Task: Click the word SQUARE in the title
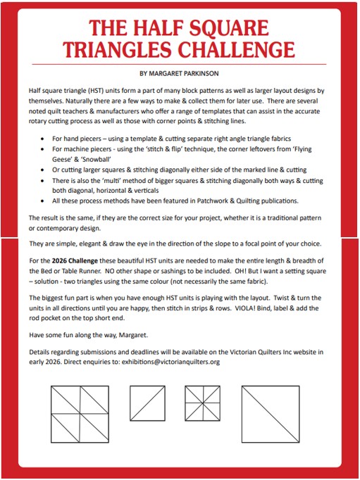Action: coord(229,28)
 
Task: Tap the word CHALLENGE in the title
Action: coord(236,49)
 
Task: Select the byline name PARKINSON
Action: coord(201,73)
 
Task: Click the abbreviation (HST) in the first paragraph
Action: coord(96,91)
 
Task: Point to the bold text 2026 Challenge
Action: coord(75,261)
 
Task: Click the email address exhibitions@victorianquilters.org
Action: coord(170,362)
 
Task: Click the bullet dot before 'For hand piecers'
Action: coord(42,139)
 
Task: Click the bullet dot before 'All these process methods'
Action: coord(42,201)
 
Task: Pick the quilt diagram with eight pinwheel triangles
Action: coord(202,403)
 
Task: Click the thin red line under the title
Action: coord(179,65)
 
